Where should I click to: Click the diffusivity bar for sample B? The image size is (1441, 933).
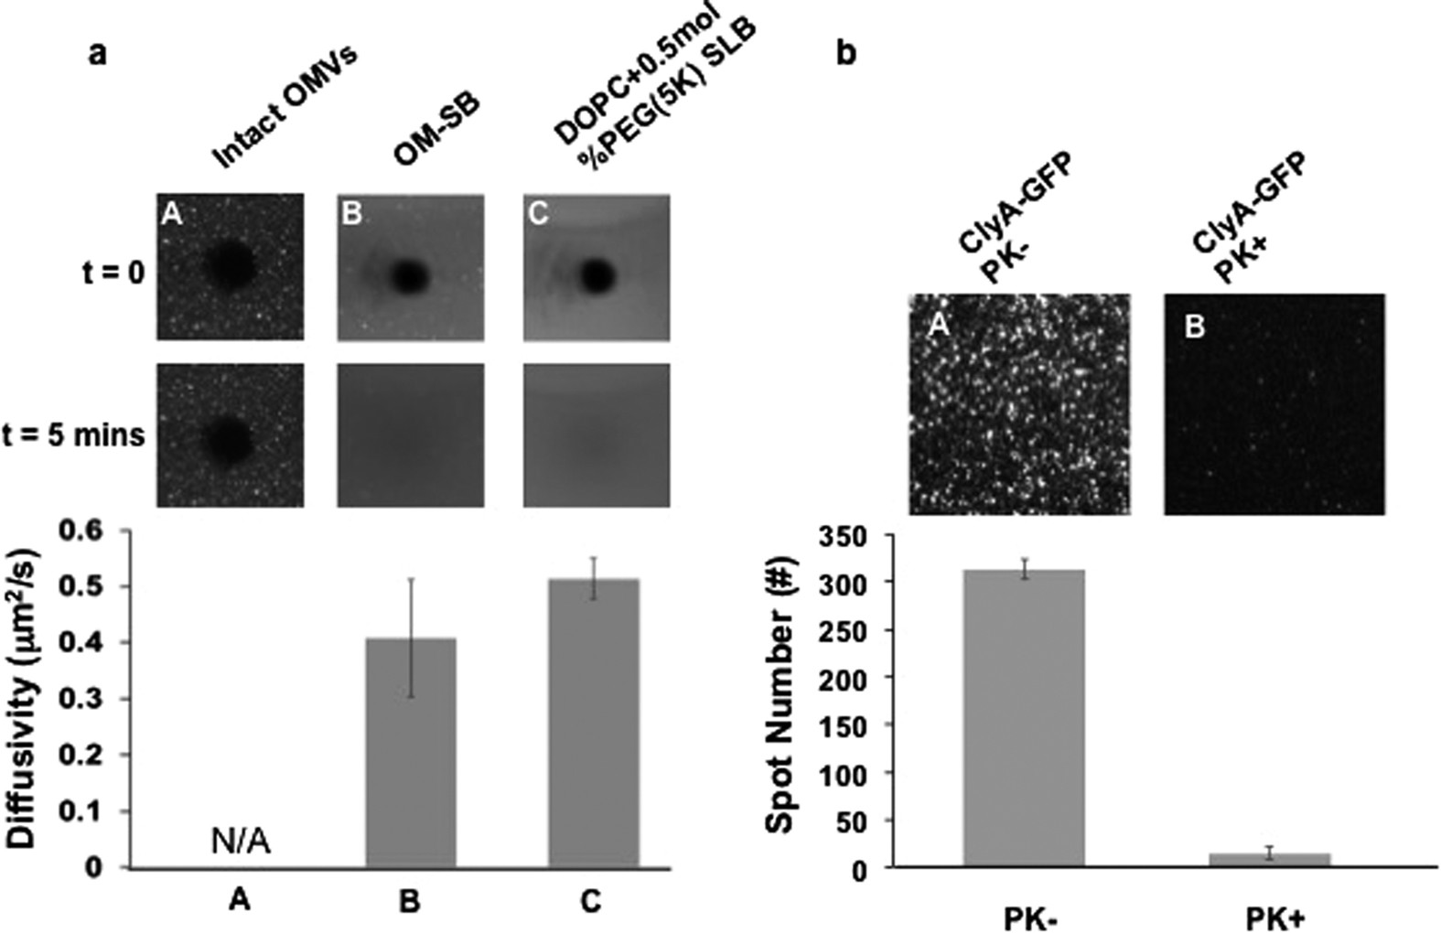pos(410,752)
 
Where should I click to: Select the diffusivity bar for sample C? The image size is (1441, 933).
pos(593,723)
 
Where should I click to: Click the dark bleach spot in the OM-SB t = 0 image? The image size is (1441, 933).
pos(409,274)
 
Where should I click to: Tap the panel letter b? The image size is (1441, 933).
pos(846,55)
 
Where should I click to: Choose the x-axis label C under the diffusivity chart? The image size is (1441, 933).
pos(590,902)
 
